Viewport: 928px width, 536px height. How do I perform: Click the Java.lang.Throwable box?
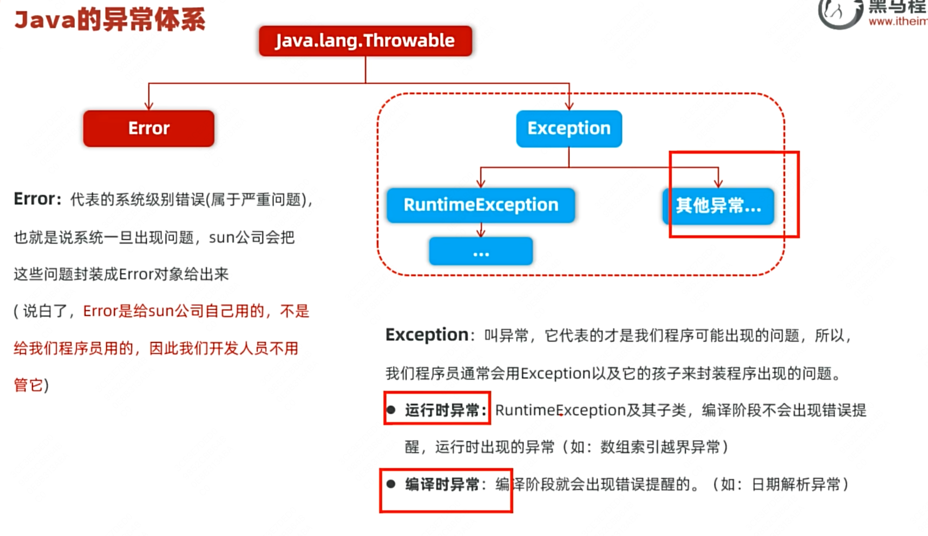click(365, 41)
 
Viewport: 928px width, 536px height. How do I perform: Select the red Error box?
click(149, 128)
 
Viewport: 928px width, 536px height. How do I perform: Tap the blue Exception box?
click(569, 128)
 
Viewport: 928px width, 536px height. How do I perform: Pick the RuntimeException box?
click(481, 205)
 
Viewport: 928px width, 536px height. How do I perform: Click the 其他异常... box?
click(718, 206)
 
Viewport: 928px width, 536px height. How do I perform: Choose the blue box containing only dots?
click(481, 251)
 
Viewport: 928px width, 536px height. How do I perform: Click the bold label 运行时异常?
click(442, 410)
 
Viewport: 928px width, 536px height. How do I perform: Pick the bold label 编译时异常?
click(442, 485)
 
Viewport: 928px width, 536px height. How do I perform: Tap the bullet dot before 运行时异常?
click(391, 410)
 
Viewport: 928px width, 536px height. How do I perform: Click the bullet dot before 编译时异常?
click(391, 484)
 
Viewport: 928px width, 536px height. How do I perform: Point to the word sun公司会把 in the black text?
click(252, 237)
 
